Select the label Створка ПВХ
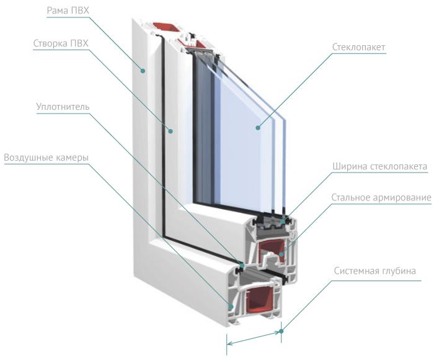60,43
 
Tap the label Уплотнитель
63,106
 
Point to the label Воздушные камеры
46,158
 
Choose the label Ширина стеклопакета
380,167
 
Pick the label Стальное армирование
381,197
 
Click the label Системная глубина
374,271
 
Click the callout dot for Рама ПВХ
143,71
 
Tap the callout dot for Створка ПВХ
170,131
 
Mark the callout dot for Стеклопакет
257,128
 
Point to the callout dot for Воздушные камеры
230,306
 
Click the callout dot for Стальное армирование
280,253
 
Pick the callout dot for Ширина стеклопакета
283,220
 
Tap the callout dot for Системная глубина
281,331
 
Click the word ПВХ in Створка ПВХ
77,43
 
